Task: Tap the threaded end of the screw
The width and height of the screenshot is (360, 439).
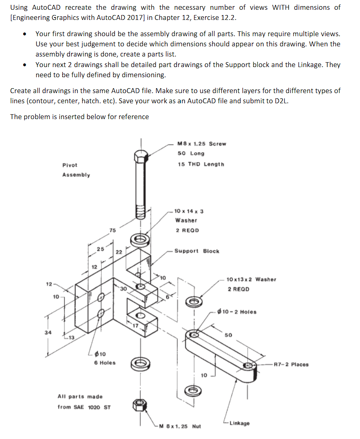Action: (141, 211)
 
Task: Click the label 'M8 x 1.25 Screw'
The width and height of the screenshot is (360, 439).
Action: (202, 144)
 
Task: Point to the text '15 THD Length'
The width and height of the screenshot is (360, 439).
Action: (201, 164)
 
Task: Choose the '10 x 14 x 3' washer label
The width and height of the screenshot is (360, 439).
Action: (189, 211)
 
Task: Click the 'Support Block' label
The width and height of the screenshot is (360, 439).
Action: (196, 251)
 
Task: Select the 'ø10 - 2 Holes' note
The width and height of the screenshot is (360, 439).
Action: (237, 312)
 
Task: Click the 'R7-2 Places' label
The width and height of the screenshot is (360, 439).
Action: (291, 365)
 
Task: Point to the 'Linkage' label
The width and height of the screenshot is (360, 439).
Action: (240, 423)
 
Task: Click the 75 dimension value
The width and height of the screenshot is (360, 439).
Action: (112, 230)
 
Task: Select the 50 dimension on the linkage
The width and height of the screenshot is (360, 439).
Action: (228, 335)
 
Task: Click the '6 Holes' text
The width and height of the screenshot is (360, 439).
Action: (105, 363)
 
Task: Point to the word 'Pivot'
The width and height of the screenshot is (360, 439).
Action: (70, 165)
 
